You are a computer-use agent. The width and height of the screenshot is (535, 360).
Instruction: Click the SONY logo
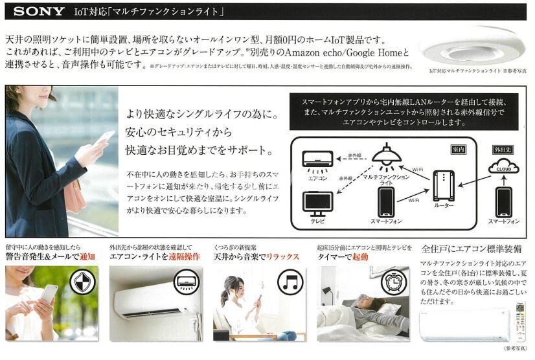(x=40, y=11)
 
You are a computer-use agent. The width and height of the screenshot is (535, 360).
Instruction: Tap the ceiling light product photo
(x=472, y=49)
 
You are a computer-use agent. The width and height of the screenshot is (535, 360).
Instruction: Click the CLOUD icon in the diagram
(x=503, y=167)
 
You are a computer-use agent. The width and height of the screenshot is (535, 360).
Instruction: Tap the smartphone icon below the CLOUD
(x=503, y=201)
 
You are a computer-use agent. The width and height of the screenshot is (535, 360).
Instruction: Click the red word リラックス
(x=281, y=256)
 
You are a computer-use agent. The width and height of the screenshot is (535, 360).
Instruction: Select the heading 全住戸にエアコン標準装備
(x=471, y=249)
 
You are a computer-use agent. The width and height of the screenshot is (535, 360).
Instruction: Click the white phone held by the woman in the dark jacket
(x=106, y=137)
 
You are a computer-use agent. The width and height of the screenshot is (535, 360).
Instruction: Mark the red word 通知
(x=85, y=256)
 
